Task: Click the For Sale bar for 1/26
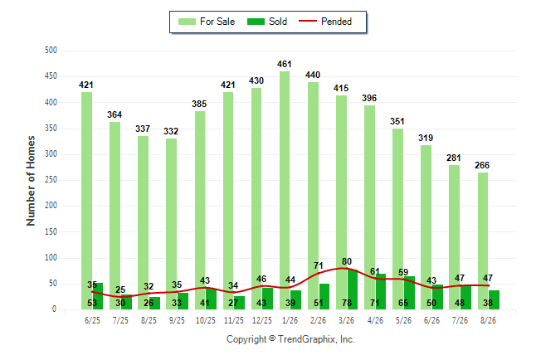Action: (285, 191)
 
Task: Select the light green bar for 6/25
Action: (86, 201)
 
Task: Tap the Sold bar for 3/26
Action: (352, 289)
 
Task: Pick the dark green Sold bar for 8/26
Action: (494, 299)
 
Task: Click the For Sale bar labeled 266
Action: (483, 241)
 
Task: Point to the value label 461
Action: (285, 64)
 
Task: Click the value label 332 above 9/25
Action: (171, 131)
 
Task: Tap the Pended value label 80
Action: (347, 261)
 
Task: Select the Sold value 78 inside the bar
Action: (347, 303)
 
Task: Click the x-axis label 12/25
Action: (262, 320)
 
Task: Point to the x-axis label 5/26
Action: (403, 320)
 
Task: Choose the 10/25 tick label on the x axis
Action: (206, 320)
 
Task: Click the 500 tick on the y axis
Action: (51, 51)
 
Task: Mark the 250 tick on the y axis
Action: (51, 180)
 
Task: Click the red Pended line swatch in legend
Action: (308, 21)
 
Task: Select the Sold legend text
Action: (278, 22)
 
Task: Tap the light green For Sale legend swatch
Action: (187, 22)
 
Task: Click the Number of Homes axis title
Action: (31, 181)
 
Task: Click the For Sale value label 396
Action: (369, 98)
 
